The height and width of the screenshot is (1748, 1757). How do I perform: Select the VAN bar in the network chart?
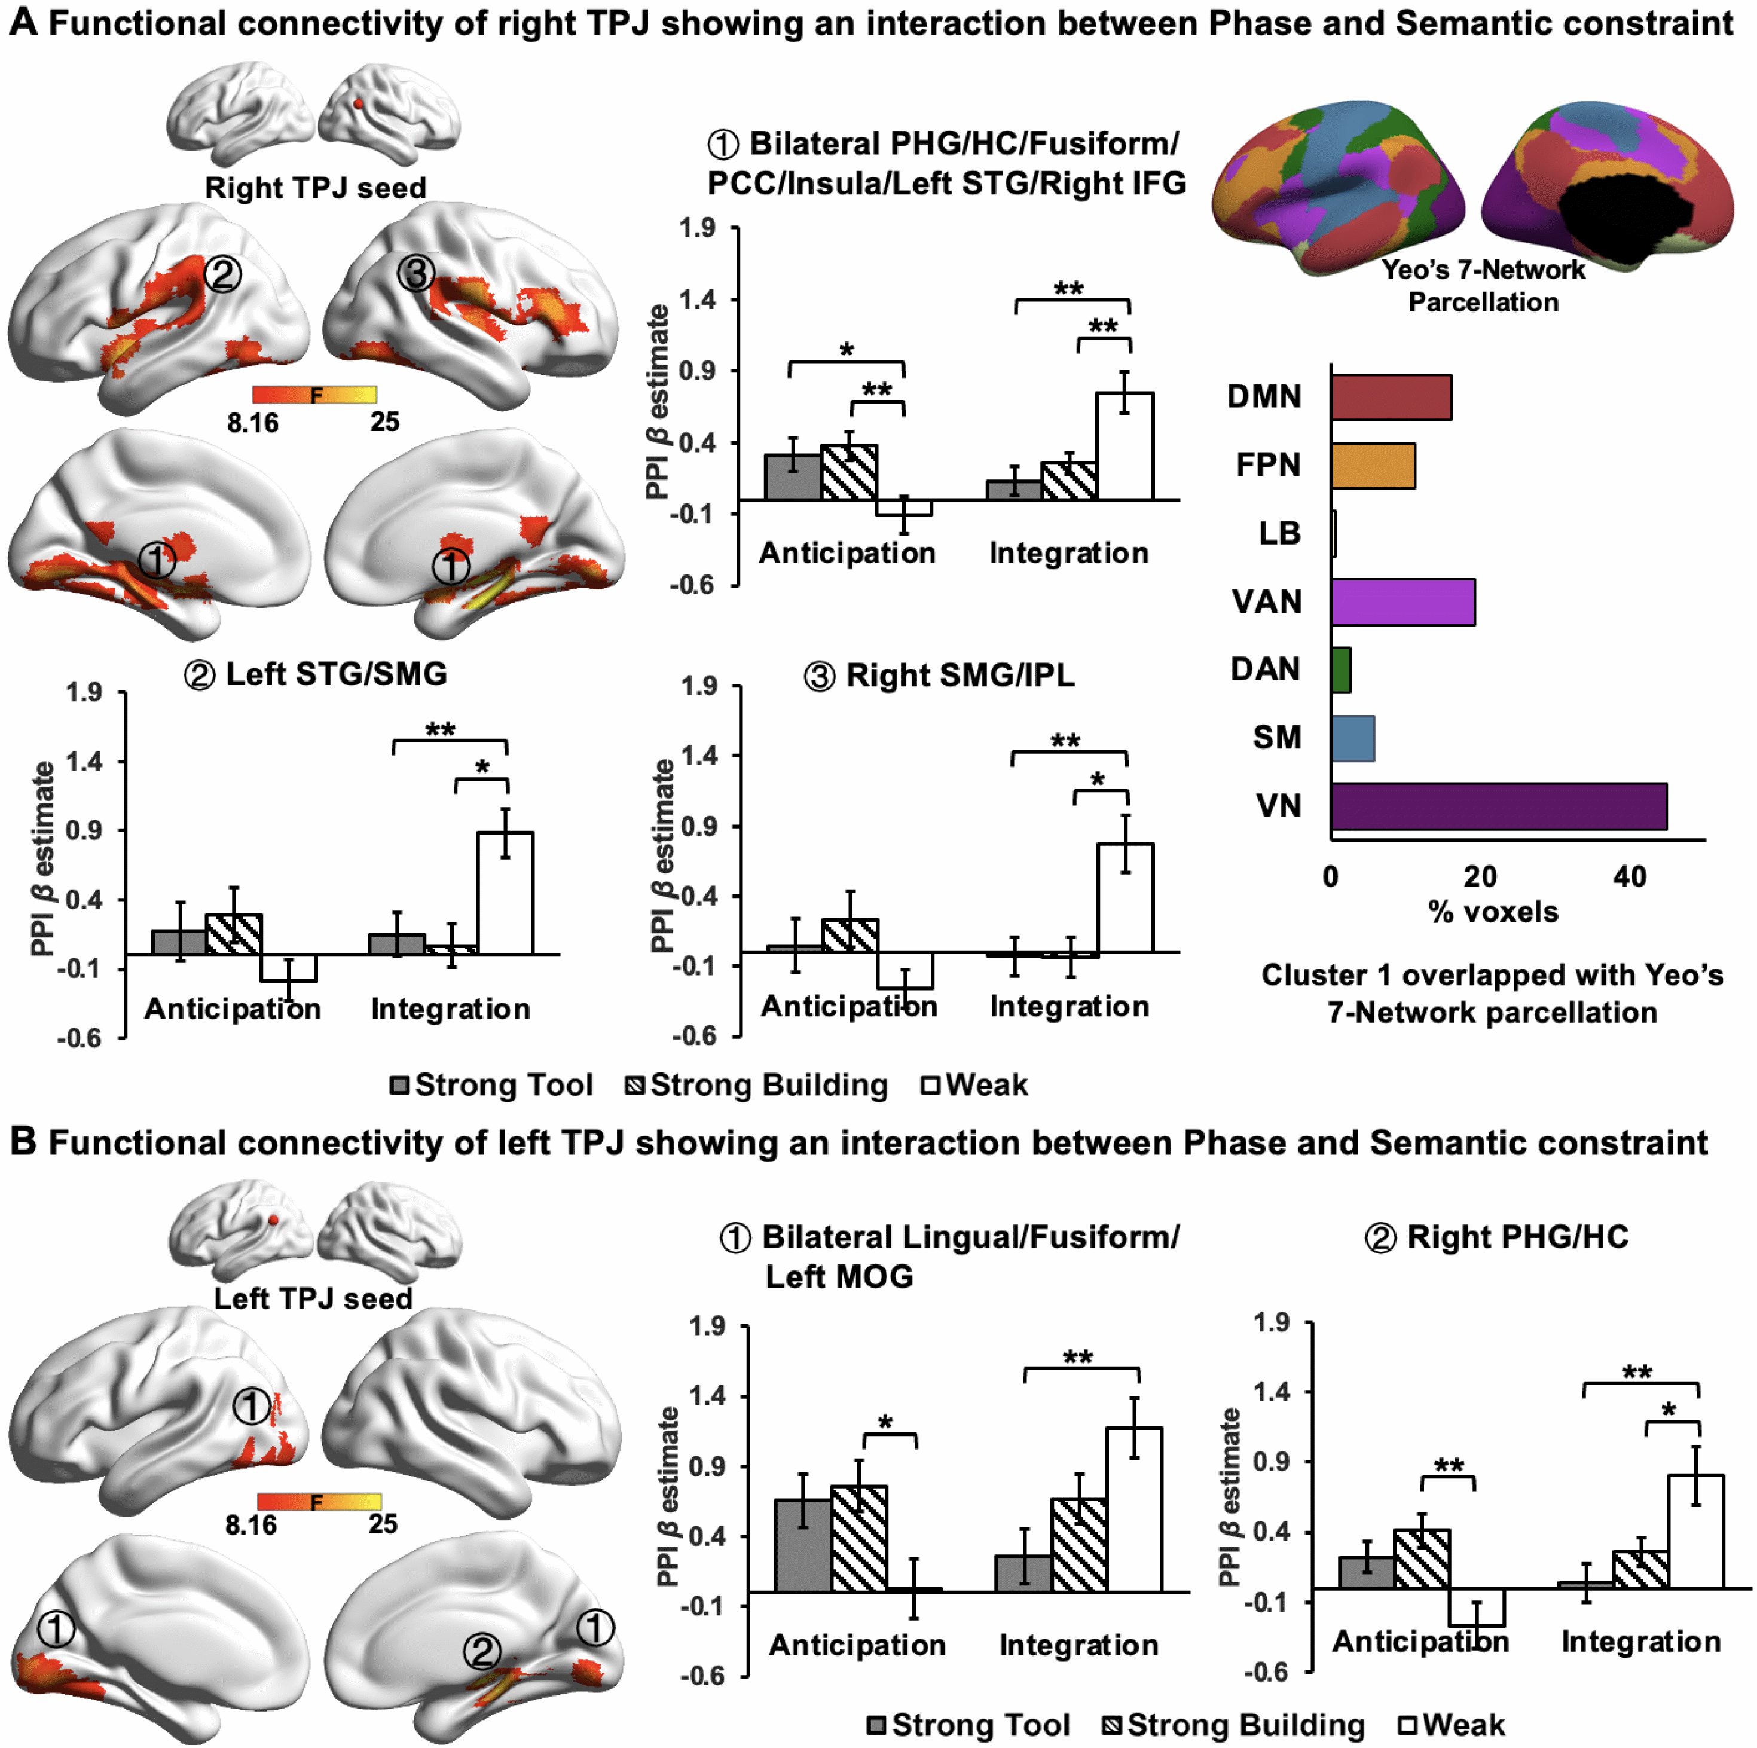pos(1402,601)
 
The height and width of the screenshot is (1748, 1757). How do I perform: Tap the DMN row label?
pos(1263,396)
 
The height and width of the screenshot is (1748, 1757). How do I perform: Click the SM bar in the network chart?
pos(1352,738)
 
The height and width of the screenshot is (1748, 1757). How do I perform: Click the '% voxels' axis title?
pos(1492,911)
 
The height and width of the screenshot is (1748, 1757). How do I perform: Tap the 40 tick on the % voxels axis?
pos(1629,877)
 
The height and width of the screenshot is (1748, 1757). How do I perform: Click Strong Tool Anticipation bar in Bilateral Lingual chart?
pos(803,1545)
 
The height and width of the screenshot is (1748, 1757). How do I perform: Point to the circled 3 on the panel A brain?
pos(415,272)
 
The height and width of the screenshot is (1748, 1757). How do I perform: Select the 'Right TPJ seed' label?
pos(314,187)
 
